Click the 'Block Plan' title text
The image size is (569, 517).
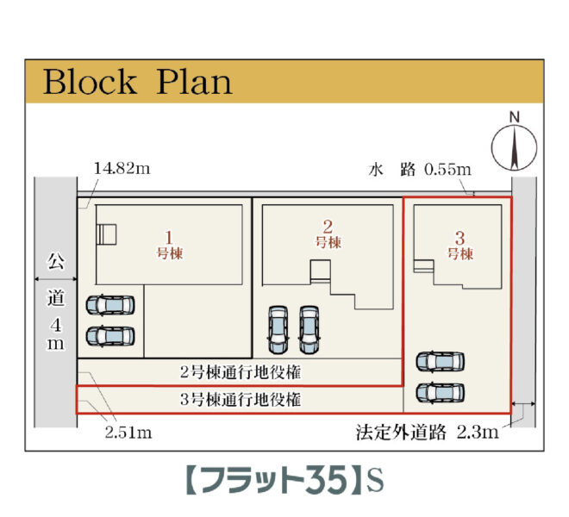(x=138, y=83)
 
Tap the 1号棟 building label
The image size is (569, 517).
(x=170, y=245)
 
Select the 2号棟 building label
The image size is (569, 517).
(x=328, y=234)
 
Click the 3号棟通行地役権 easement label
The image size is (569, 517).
(x=241, y=400)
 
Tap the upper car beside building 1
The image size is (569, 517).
(x=110, y=306)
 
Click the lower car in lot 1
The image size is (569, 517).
(x=110, y=335)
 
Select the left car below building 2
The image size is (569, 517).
(x=278, y=329)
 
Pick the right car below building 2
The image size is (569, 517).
(x=310, y=329)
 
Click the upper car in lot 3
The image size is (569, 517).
(x=440, y=362)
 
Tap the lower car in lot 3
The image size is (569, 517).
(x=440, y=392)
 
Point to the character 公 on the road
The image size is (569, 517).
(x=55, y=260)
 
